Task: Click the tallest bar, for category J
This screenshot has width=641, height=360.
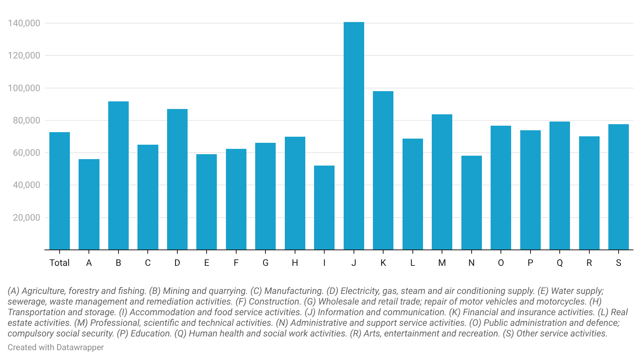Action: pyautogui.click(x=354, y=136)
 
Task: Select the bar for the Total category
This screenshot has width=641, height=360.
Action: pyautogui.click(x=60, y=191)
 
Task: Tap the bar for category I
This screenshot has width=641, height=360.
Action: pyautogui.click(x=324, y=208)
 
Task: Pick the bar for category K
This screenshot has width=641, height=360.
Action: pyautogui.click(x=383, y=171)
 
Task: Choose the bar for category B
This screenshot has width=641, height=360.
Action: pyautogui.click(x=118, y=176)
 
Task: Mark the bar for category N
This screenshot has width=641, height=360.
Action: pyautogui.click(x=472, y=203)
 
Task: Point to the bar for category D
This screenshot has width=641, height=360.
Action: pyautogui.click(x=177, y=179)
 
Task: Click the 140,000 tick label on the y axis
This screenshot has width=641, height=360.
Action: pyautogui.click(x=24, y=23)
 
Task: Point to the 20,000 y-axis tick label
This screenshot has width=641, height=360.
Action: pyautogui.click(x=27, y=218)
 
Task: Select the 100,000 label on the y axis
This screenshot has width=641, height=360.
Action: pyautogui.click(x=24, y=88)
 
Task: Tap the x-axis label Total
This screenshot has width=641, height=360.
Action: pyautogui.click(x=60, y=263)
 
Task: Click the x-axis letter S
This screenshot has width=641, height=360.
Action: pyautogui.click(x=618, y=263)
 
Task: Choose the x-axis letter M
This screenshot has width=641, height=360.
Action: pyautogui.click(x=442, y=263)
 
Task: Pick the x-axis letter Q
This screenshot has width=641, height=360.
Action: pyautogui.click(x=560, y=263)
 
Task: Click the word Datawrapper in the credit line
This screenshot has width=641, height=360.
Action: pyautogui.click(x=80, y=347)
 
